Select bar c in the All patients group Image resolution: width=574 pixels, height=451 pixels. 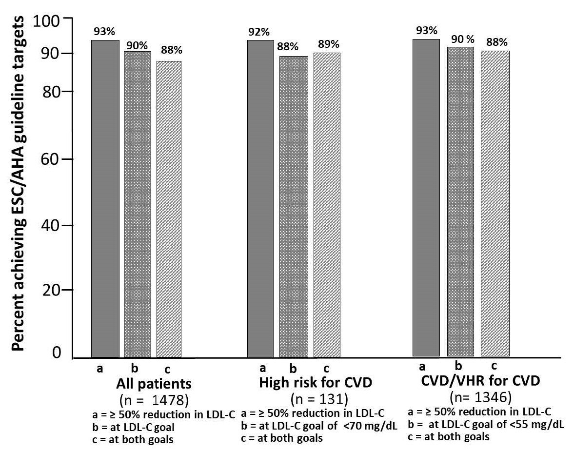pos(169,209)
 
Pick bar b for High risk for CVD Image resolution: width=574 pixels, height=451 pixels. pos(294,207)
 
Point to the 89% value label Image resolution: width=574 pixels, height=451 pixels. pos(326,43)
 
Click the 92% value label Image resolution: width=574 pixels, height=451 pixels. pos(259,32)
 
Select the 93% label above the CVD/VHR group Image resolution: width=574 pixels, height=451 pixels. pos(426,30)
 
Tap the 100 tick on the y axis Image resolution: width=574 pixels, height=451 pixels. pos(46,20)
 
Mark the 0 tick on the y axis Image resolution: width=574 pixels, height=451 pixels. pos(58,352)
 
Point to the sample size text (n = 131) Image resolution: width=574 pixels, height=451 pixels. pos(319,400)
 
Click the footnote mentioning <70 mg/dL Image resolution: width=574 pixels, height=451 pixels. pos(319,426)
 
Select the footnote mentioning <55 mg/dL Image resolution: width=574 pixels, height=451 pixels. pos(485,424)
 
